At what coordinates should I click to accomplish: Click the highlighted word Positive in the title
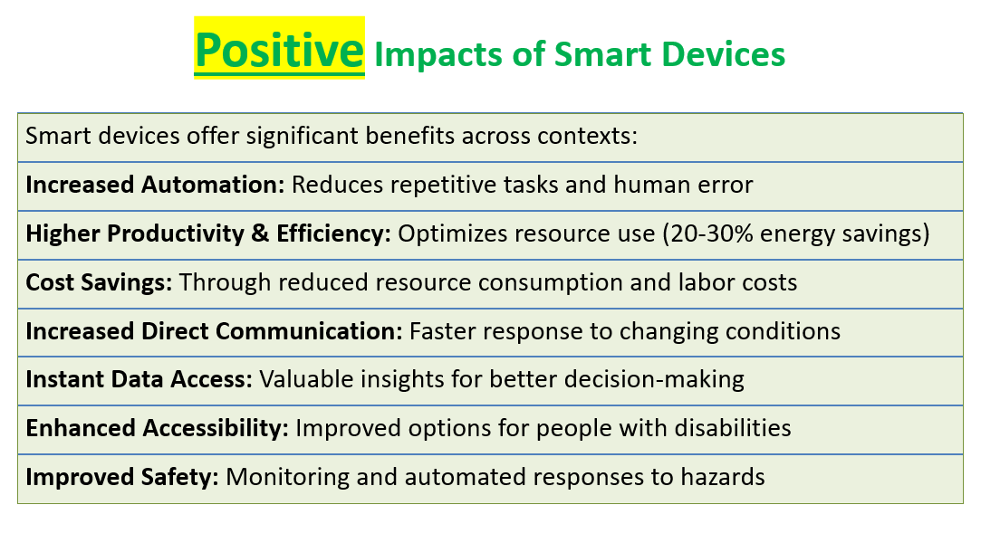[x=279, y=50]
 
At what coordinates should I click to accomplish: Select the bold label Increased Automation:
[x=155, y=185]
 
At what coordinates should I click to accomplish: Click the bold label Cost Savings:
[x=99, y=282]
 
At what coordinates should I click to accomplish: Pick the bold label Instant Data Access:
[x=139, y=379]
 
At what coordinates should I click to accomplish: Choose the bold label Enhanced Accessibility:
[x=157, y=428]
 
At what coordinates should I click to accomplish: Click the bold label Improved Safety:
[x=121, y=477]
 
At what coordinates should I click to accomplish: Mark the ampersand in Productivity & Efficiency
[x=260, y=233]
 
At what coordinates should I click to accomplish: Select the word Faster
[x=443, y=331]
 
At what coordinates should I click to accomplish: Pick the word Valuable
[x=307, y=379]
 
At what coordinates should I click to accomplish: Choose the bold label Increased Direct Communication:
[x=215, y=331]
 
